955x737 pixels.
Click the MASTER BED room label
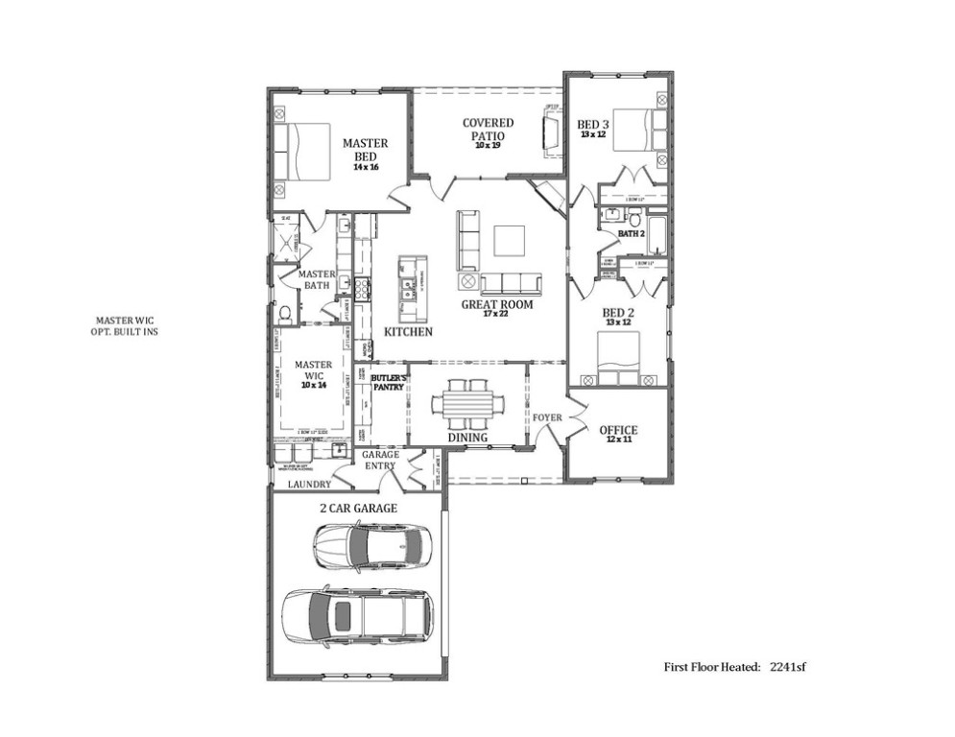click(x=365, y=150)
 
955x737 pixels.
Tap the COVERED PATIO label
click(x=488, y=130)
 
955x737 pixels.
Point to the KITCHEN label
click(x=408, y=332)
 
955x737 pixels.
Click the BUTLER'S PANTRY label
click(x=389, y=383)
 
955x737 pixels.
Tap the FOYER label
click(x=547, y=418)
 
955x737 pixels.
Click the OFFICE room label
click(x=618, y=430)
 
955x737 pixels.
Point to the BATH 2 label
click(x=631, y=233)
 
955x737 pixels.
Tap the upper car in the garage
click(x=369, y=546)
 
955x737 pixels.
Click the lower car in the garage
click(x=357, y=614)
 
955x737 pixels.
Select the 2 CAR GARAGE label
click(x=358, y=508)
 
